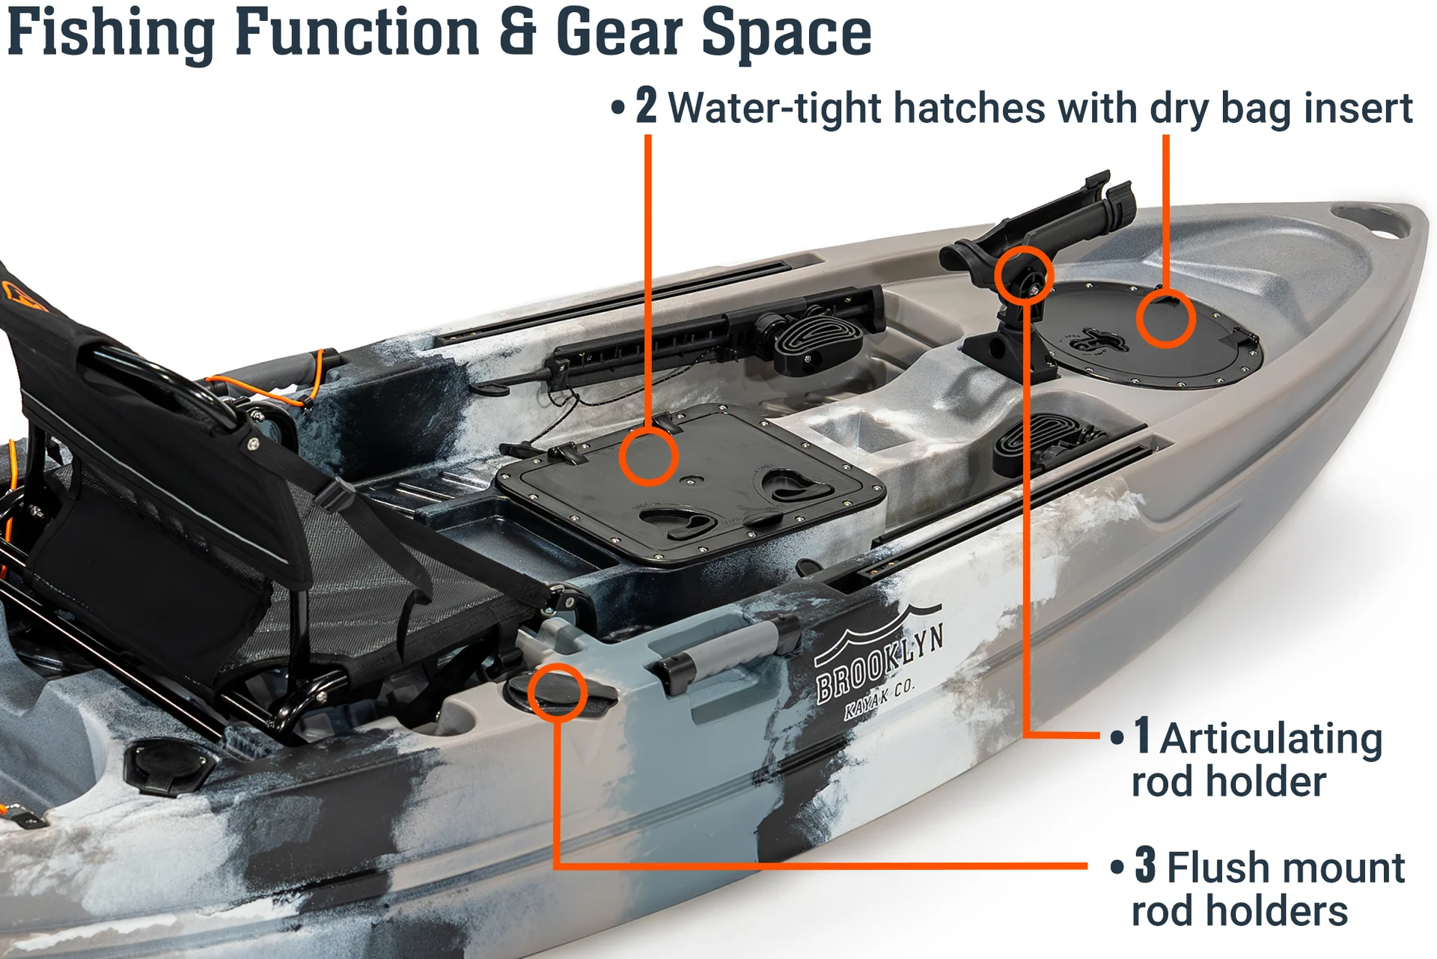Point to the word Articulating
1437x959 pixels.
click(x=1271, y=738)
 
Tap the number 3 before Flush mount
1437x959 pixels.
click(x=1145, y=865)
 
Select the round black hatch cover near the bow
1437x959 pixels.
click(x=1148, y=334)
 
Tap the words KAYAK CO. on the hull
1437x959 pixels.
click(x=879, y=701)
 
